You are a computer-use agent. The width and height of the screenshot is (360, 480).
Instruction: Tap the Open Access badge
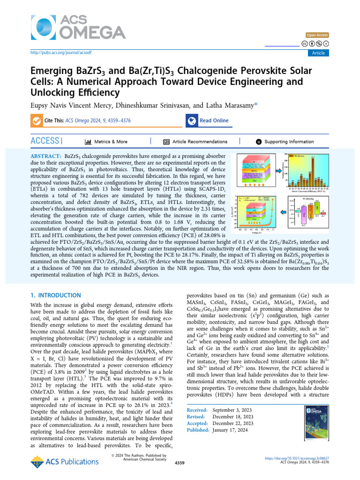317,35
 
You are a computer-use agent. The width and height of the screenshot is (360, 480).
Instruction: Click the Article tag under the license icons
318,53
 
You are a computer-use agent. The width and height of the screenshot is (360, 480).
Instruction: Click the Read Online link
214,121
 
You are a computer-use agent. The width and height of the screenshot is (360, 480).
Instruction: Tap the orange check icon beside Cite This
37,121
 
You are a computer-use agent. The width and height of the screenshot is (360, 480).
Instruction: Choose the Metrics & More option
111,142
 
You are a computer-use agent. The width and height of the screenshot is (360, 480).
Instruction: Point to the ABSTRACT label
45,155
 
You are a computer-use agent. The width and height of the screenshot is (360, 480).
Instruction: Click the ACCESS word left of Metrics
45,141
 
